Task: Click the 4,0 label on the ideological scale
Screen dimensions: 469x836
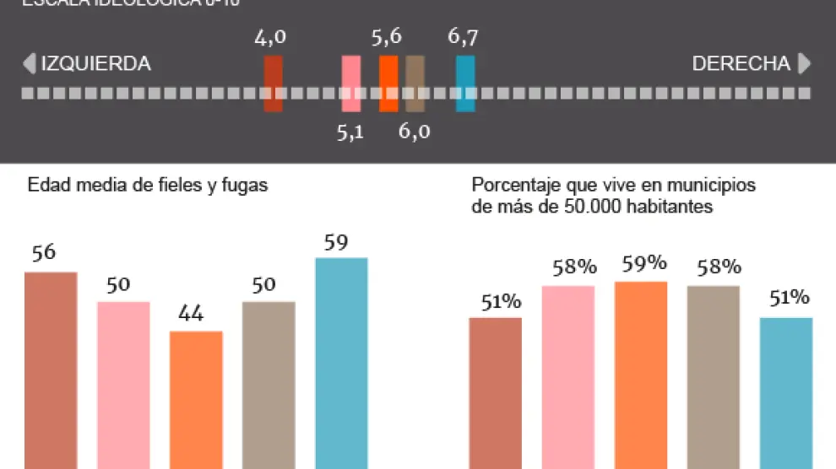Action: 270,38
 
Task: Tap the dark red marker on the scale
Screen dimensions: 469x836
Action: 273,84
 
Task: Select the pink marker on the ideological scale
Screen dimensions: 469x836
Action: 350,84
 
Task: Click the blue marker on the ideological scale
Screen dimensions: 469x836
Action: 465,84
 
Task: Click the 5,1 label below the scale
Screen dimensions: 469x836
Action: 350,132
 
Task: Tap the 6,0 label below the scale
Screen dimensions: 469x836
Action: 414,132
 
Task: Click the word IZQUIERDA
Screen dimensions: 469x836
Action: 95,64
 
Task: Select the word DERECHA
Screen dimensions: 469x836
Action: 741,64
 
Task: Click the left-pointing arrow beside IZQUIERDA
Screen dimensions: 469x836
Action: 29,64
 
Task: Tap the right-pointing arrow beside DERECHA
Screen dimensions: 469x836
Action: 804,64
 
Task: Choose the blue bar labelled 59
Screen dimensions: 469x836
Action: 341,363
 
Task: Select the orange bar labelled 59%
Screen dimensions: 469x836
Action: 641,375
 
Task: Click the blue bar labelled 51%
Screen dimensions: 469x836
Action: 786,392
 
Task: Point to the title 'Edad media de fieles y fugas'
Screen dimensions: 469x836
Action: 148,186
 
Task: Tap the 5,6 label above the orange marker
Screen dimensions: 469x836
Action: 386,38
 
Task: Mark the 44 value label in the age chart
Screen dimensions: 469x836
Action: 191,314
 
